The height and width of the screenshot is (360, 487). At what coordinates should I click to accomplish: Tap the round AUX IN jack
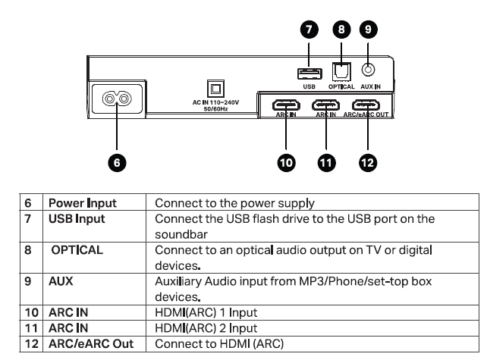click(x=368, y=70)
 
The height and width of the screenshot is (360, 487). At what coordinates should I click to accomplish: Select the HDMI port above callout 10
click(x=286, y=105)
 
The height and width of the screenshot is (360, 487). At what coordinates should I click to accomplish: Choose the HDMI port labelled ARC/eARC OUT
click(x=368, y=105)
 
